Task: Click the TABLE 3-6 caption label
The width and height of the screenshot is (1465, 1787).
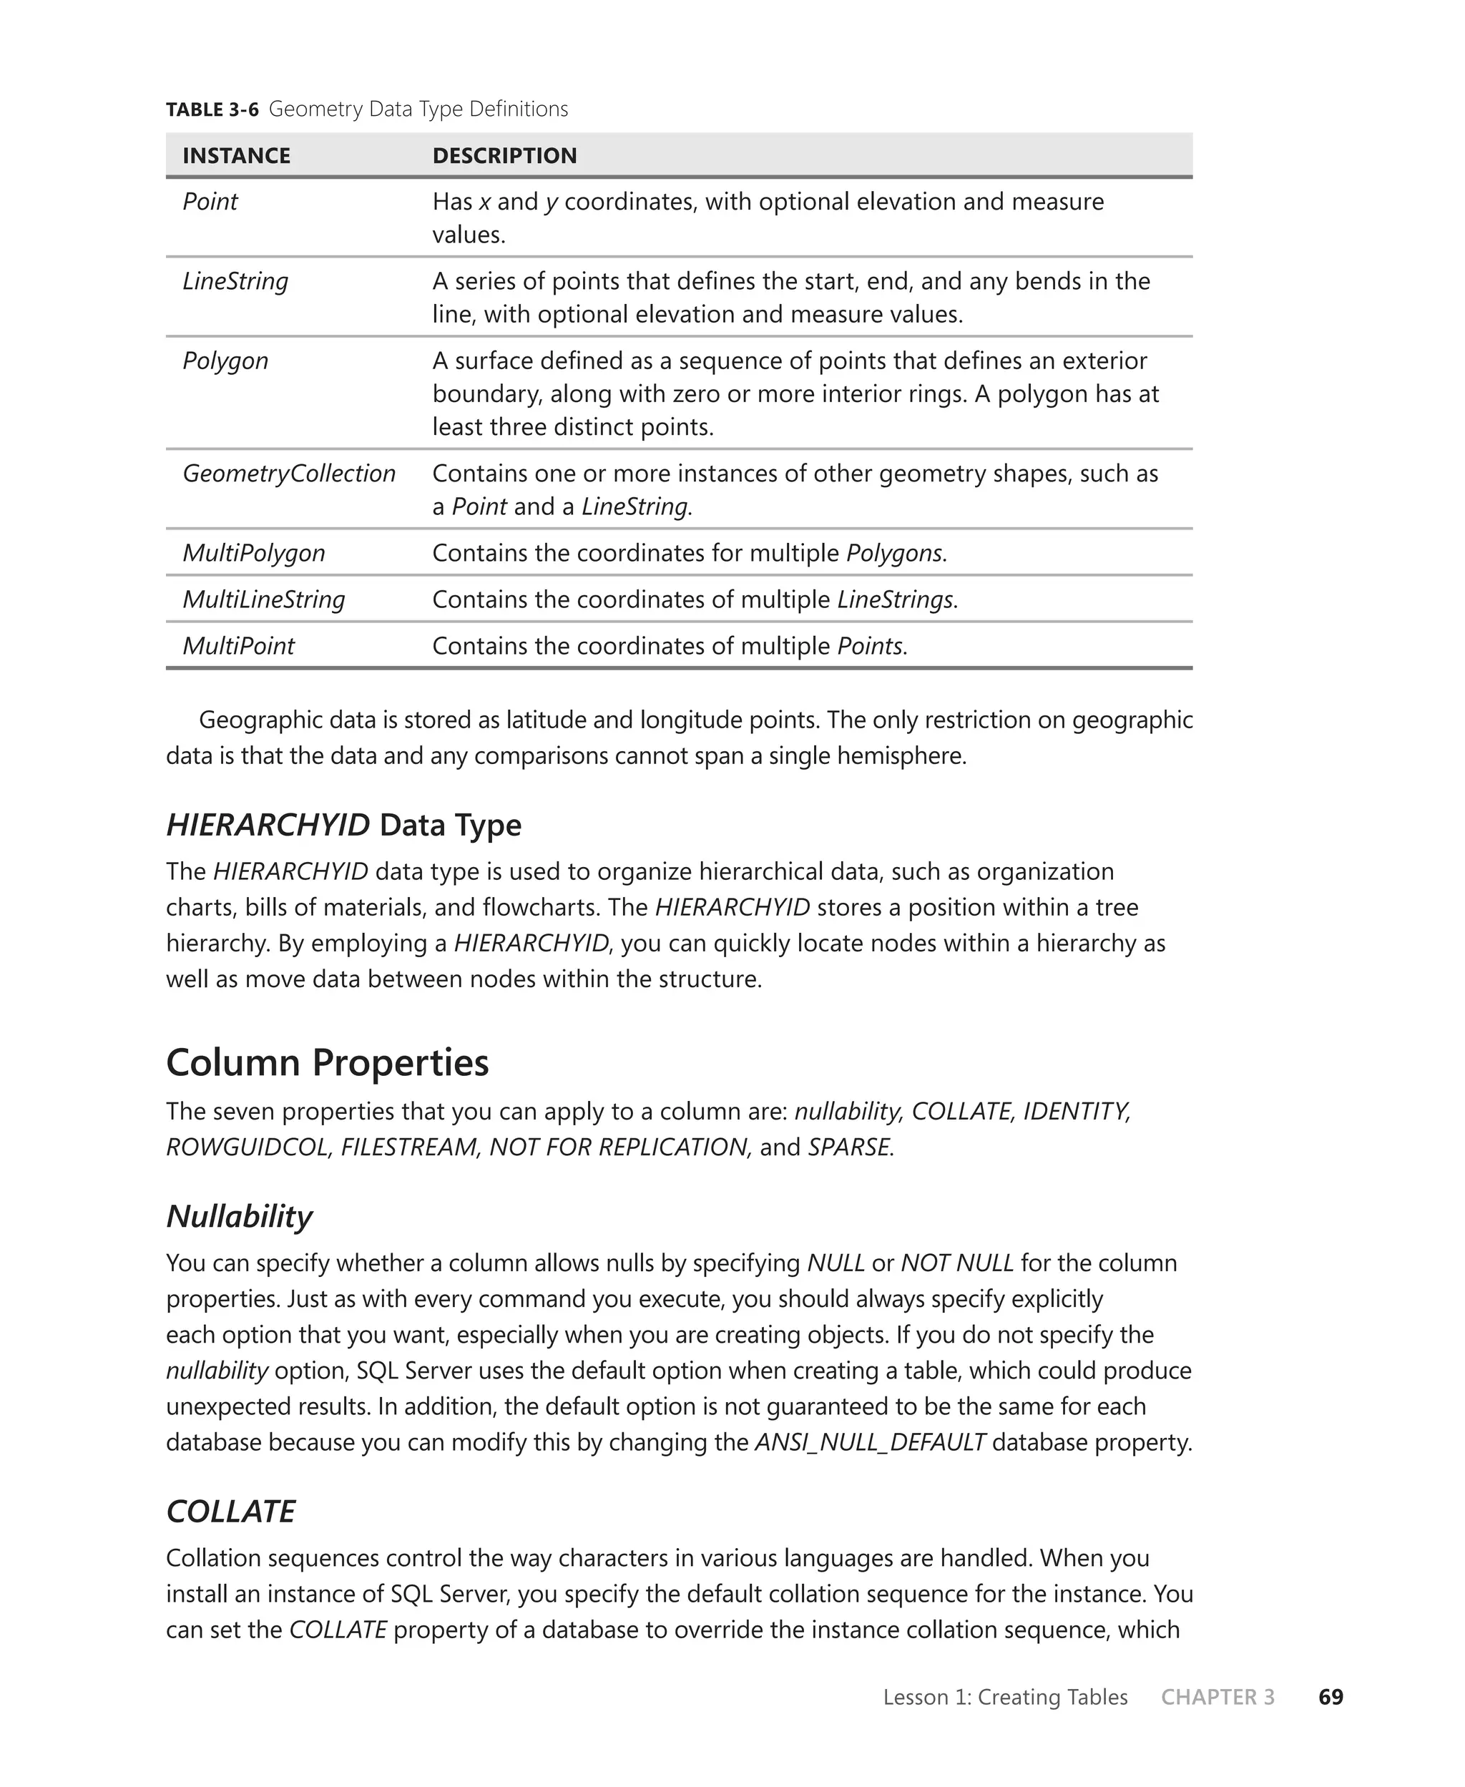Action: (212, 109)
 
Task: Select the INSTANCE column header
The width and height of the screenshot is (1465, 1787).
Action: (236, 156)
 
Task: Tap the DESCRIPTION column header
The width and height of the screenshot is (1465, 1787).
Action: (504, 156)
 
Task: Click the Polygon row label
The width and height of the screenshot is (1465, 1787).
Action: (225, 361)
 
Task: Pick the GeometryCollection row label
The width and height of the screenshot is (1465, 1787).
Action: (288, 474)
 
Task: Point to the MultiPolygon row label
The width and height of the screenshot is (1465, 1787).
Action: (254, 554)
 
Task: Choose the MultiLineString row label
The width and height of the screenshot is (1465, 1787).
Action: (264, 600)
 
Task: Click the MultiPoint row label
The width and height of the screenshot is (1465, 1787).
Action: (239, 646)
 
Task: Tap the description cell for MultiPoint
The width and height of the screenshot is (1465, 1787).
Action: (670, 646)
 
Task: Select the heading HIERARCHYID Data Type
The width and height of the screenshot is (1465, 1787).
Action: (343, 825)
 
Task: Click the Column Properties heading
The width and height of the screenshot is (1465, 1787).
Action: (328, 1063)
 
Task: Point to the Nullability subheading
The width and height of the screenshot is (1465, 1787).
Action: (239, 1217)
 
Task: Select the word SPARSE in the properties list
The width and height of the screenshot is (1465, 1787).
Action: (849, 1147)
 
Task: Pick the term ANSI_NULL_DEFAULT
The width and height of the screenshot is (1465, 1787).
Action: (870, 1443)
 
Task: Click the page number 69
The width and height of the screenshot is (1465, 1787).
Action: (1331, 1698)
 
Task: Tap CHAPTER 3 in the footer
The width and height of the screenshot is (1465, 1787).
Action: (1217, 1698)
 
